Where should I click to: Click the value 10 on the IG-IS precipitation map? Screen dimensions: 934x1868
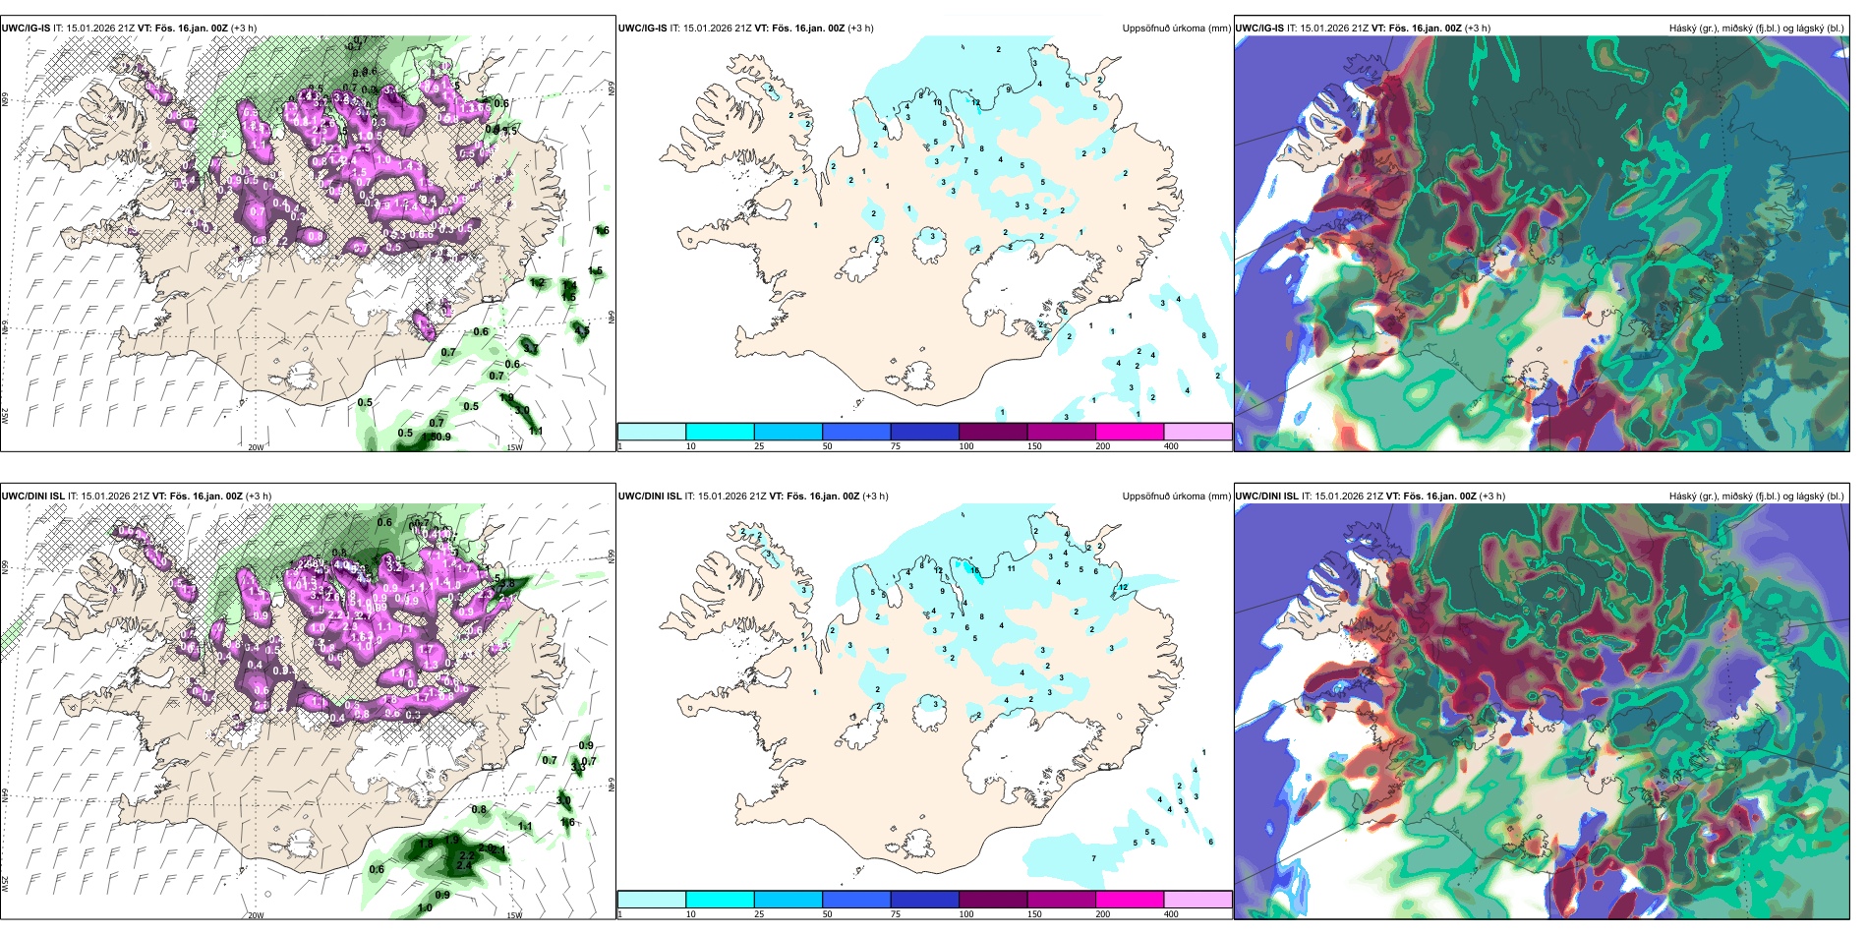coord(937,103)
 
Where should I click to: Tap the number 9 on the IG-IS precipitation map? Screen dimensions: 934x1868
coord(1009,90)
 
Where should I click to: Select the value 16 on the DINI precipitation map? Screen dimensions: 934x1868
coord(974,570)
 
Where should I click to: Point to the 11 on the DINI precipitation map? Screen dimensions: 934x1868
coord(1011,568)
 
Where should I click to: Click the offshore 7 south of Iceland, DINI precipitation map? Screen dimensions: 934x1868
coord(1093,859)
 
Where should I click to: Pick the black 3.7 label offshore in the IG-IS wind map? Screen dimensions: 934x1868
coord(530,348)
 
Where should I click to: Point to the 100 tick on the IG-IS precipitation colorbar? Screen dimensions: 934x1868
coord(966,446)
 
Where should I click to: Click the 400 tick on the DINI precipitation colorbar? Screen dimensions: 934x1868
coord(1171,914)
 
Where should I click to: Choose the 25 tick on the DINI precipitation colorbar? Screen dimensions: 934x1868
coord(759,914)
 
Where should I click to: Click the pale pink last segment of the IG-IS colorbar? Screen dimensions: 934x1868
coord(1197,432)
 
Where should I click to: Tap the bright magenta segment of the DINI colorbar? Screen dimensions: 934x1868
coord(1129,900)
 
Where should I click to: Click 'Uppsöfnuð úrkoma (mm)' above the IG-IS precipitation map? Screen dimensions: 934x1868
coord(1176,29)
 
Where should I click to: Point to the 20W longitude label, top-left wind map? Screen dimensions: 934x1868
coord(256,447)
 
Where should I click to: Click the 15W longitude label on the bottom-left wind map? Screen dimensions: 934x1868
coord(514,915)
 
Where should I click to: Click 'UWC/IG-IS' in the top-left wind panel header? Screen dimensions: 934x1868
coord(26,29)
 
